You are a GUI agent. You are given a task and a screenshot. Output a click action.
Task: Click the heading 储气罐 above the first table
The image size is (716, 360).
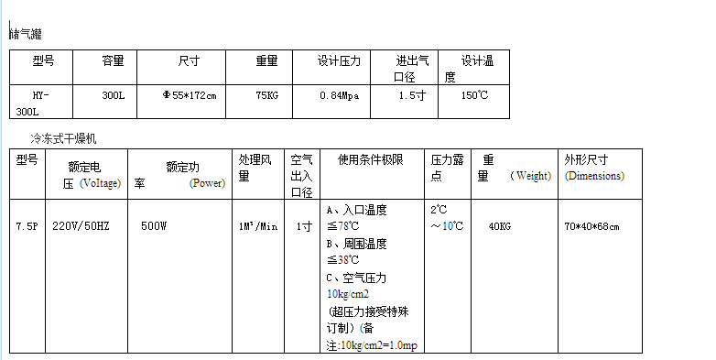[x=27, y=34]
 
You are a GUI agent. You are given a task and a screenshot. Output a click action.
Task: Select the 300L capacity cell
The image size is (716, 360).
[x=114, y=95]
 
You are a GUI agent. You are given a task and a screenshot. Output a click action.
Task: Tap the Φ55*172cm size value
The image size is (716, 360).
[x=190, y=95]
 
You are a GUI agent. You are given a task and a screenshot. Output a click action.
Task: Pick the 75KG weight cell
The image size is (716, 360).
[x=267, y=95]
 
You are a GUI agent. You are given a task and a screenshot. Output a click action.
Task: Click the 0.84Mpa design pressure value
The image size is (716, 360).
[x=340, y=95]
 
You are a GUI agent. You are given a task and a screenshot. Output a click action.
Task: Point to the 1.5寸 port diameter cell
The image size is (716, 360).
[x=412, y=95]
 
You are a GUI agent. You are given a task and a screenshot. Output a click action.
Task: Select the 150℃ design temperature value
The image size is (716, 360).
[x=475, y=95]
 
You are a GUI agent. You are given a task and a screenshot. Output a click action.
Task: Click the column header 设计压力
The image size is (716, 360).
[x=340, y=60]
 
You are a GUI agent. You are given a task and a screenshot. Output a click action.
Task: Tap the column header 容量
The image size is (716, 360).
[x=114, y=60]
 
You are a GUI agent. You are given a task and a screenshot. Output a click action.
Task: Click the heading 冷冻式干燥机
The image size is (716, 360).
[x=63, y=138]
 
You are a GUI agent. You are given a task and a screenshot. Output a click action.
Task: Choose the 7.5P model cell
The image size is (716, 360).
[x=27, y=226]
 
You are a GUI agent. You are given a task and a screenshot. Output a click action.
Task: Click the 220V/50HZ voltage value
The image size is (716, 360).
[x=81, y=226]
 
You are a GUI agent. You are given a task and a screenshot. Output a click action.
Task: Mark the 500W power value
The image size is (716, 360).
[x=154, y=226]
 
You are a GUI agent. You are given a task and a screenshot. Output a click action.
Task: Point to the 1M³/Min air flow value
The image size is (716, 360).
[x=258, y=226]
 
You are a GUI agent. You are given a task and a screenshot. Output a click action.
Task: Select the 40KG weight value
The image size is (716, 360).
[x=500, y=226]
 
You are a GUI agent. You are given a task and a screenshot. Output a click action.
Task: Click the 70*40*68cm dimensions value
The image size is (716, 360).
[x=591, y=226]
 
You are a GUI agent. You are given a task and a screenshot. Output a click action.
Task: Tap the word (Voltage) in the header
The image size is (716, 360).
[x=101, y=183]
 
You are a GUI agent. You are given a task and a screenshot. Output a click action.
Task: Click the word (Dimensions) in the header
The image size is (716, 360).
[x=594, y=176]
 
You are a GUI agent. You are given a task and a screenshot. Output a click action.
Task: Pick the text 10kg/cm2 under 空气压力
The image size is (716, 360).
[x=348, y=294]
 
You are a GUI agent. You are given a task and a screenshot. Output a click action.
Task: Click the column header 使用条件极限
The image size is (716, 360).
[x=371, y=159]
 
